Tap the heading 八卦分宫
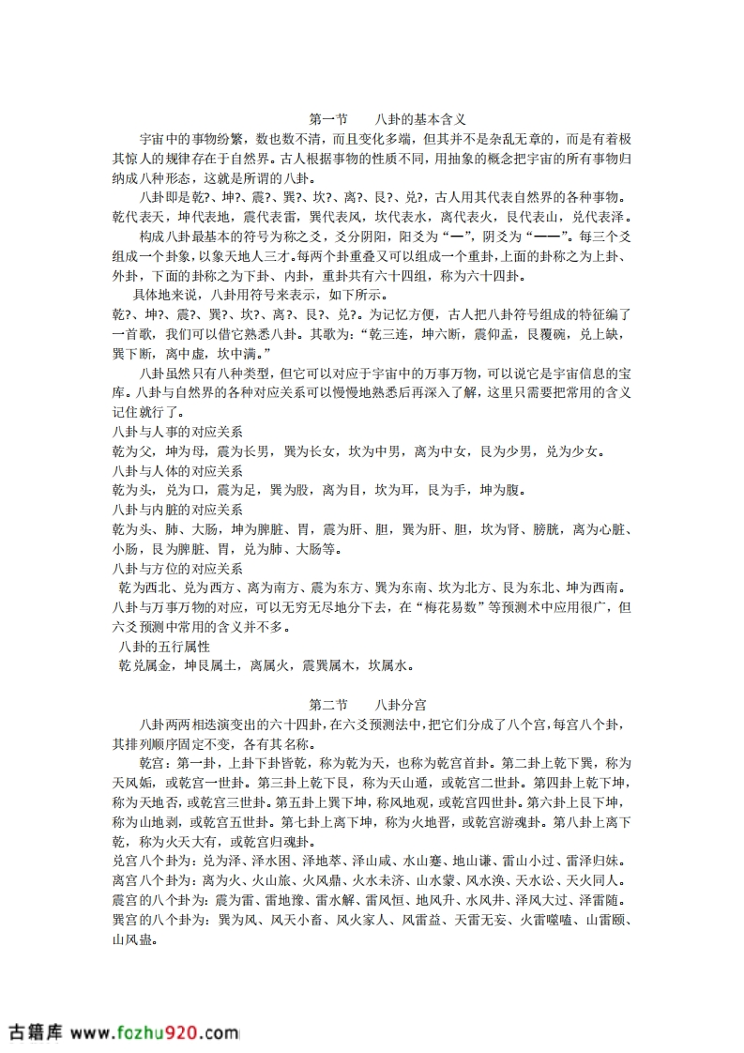[402, 705]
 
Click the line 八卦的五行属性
[164, 647]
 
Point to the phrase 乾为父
[132, 452]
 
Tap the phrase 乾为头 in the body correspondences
[132, 491]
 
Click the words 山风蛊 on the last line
[133, 938]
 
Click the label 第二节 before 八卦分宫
[328, 705]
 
